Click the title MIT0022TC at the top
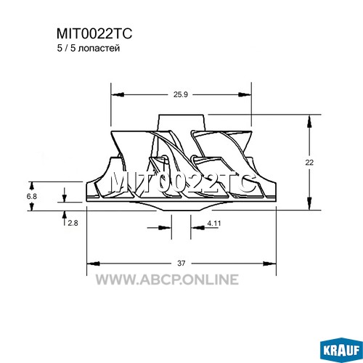pos(94,33)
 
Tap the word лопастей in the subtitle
pos(99,49)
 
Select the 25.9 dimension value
pos(181,94)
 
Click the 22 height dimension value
pos(309,163)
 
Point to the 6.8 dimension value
pos(32,196)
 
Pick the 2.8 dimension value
pos(73,223)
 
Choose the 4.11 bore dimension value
pos(214,223)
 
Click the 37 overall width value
pos(181,263)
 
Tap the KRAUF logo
pos(341,350)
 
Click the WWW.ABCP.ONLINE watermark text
pos(167,280)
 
